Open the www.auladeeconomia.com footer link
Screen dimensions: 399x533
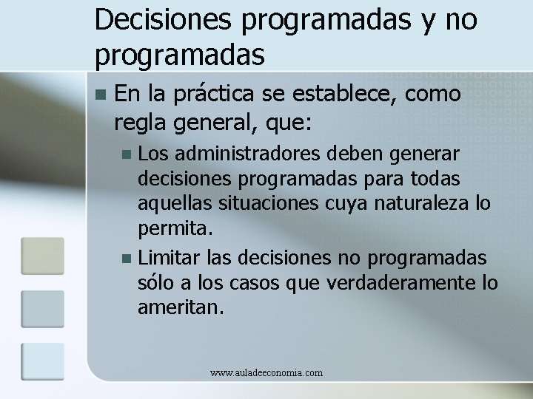coord(266,373)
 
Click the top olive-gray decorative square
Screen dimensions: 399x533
coord(41,256)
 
